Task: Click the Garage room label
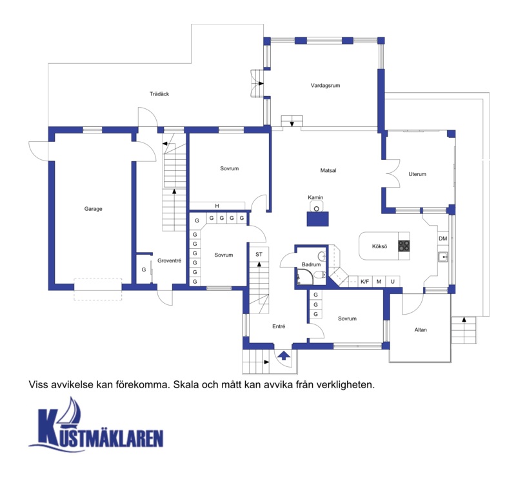(x=93, y=209)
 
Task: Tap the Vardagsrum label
(x=325, y=86)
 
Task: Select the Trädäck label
(x=159, y=94)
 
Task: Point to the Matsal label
(x=328, y=170)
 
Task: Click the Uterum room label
(x=417, y=174)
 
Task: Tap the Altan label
(x=421, y=329)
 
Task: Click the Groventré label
(x=169, y=260)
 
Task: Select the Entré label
(x=279, y=326)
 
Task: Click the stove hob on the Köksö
(x=404, y=246)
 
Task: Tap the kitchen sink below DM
(x=443, y=257)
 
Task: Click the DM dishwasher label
(x=442, y=239)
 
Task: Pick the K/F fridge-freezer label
(x=364, y=282)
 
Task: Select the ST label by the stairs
(x=259, y=254)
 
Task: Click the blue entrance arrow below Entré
(x=284, y=355)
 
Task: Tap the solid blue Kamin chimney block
(x=317, y=219)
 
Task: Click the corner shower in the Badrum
(x=304, y=277)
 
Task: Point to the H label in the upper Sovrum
(x=217, y=206)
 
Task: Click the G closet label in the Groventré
(x=143, y=270)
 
